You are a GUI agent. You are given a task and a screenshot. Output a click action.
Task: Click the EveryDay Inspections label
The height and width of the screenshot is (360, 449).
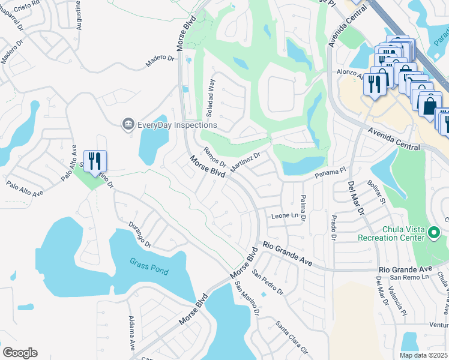point(177,125)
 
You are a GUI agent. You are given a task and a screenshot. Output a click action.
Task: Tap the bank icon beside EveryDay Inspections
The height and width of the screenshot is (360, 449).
point(128,124)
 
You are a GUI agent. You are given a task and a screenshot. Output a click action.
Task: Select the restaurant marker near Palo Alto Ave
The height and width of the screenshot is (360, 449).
point(95,161)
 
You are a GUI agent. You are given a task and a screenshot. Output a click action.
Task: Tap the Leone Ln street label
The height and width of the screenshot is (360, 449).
point(285,215)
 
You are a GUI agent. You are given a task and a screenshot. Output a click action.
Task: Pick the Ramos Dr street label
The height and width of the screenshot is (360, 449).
point(214,157)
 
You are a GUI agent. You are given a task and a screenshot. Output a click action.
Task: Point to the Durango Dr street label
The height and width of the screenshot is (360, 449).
point(139,235)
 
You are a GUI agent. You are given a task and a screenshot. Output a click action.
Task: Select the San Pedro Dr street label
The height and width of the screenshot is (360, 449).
point(268,282)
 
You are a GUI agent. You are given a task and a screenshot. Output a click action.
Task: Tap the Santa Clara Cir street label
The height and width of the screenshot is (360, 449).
point(291,338)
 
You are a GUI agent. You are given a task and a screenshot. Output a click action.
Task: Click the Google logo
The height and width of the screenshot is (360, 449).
point(20,353)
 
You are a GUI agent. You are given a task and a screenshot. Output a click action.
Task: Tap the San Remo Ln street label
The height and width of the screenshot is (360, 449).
point(409,277)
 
